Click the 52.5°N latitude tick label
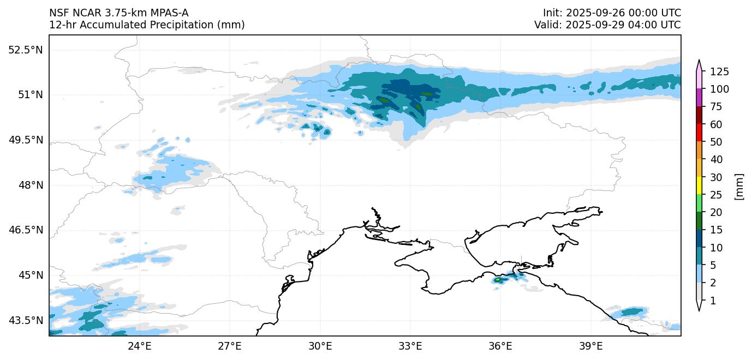(x=25, y=50)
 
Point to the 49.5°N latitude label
(x=25, y=140)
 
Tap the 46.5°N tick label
(x=25, y=230)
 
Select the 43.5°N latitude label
(x=25, y=320)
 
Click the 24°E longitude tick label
(x=139, y=346)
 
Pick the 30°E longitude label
(x=320, y=346)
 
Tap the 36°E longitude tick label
(x=500, y=346)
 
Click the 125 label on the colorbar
(x=719, y=71)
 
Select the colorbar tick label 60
(x=715, y=124)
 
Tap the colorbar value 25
(x=715, y=195)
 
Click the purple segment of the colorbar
(x=699, y=98)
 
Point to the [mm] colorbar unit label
(x=739, y=187)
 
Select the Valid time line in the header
(x=607, y=25)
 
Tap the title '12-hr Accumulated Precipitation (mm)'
(x=147, y=25)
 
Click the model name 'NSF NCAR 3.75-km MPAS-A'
(x=119, y=13)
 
